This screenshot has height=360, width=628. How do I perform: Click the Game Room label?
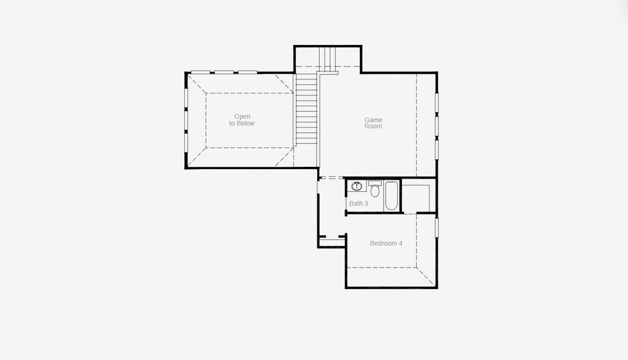[373, 123]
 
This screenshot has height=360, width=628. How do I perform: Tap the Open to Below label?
[242, 120]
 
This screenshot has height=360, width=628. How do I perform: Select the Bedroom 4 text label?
[386, 244]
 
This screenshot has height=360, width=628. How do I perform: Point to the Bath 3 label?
[359, 204]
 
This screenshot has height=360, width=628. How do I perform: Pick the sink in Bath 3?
[357, 186]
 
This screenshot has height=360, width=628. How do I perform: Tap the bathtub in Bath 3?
[391, 196]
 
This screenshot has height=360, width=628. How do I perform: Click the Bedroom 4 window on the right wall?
[437, 227]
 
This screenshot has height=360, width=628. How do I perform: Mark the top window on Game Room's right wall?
[437, 103]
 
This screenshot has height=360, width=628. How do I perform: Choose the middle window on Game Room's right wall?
[437, 127]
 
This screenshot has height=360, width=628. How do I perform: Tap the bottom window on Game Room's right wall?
[437, 149]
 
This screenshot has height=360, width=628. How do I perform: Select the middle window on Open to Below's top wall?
[224, 73]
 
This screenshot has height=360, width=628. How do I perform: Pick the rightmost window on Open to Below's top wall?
[247, 73]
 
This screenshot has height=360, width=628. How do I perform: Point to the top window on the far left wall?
[186, 97]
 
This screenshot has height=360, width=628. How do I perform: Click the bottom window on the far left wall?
[186, 143]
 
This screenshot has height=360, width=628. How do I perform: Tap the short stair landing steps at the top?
[328, 58]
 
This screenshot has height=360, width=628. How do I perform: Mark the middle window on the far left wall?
[186, 120]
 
